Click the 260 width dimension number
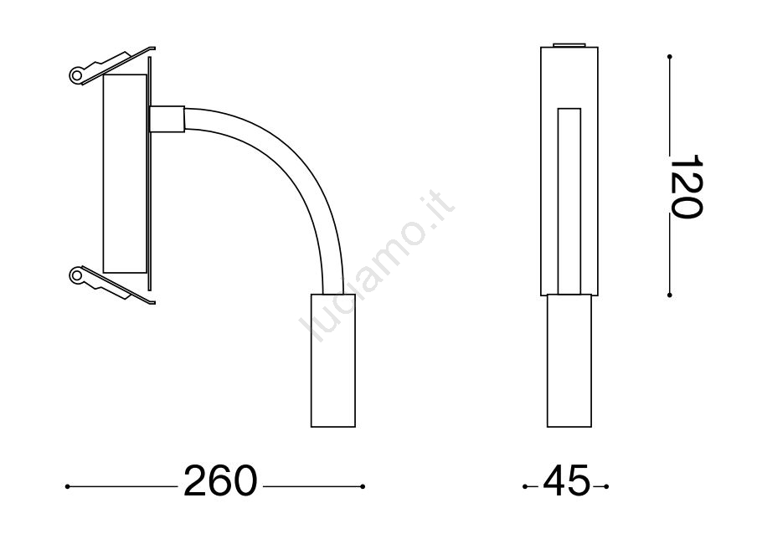click(220, 480)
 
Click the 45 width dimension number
click(566, 480)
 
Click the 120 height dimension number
click(686, 187)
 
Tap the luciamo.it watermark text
click(377, 267)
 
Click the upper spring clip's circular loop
click(77, 74)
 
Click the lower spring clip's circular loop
click(77, 275)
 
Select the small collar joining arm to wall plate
click(167, 119)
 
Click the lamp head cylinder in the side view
click(333, 360)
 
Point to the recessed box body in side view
click(125, 173)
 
